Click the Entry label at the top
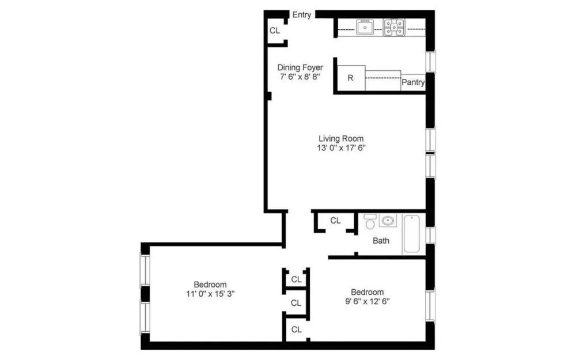[302, 15]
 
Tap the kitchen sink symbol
[365, 27]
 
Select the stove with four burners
[394, 27]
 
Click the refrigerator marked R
[351, 78]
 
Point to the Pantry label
[413, 82]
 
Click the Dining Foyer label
[300, 67]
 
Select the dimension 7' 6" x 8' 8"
[300, 77]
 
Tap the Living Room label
[341, 138]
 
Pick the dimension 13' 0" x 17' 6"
[341, 148]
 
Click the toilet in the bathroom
[370, 222]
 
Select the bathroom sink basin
[388, 221]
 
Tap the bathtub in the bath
[412, 234]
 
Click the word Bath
[381, 241]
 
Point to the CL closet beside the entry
[275, 31]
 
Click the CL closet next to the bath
[335, 221]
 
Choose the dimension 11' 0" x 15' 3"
[210, 294]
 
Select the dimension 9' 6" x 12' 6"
[367, 302]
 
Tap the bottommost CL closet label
[297, 329]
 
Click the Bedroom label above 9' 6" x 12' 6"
[367, 292]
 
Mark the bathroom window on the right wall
[430, 235]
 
